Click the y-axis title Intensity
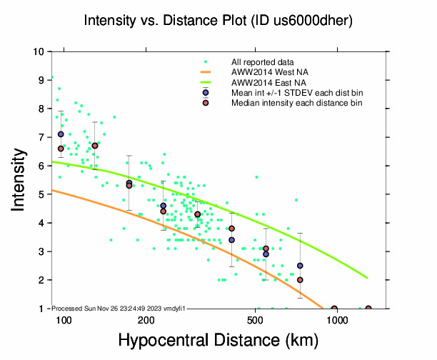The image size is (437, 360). pyautogui.click(x=20, y=179)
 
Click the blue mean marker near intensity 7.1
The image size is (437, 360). pyautogui.click(x=61, y=134)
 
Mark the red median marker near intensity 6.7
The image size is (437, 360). pyautogui.click(x=95, y=146)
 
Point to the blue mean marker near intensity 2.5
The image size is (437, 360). pyautogui.click(x=301, y=266)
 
